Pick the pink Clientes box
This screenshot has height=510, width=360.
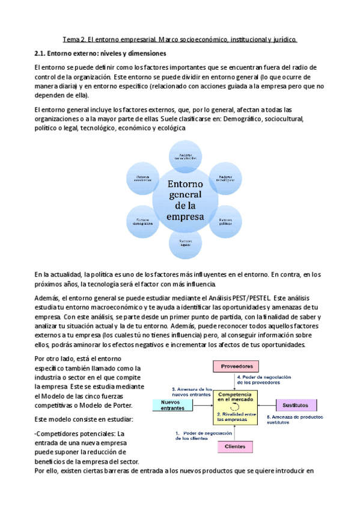click(x=234, y=446)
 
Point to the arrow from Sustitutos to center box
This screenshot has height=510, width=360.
click(x=266, y=405)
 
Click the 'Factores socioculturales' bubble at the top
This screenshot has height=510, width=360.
click(x=185, y=155)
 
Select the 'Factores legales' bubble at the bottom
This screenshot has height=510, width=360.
click(x=185, y=242)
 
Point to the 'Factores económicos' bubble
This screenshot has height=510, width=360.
click(x=142, y=179)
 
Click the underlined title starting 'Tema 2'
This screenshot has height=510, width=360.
click(x=180, y=40)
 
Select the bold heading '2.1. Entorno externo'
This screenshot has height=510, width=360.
click(x=100, y=54)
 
